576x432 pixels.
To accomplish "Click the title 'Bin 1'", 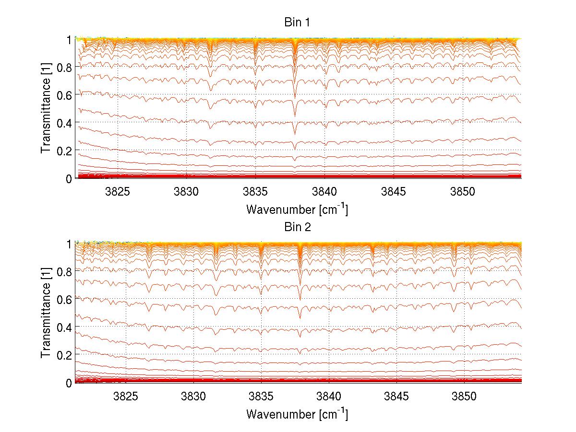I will (x=297, y=23).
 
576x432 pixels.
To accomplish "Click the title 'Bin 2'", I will (x=297, y=227).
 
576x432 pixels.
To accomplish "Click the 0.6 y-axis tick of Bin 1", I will (x=64, y=95).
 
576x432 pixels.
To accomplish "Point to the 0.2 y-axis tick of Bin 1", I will (x=64, y=151).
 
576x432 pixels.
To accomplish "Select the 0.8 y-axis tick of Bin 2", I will (x=64, y=271).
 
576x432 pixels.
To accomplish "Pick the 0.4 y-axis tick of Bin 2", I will (x=64, y=327).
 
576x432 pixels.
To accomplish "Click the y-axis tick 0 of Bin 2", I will (x=69, y=383).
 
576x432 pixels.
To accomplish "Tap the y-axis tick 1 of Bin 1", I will (x=69, y=39).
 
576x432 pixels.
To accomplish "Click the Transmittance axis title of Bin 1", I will (x=46, y=109).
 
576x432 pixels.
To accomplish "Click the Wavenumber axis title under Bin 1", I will (x=297, y=209).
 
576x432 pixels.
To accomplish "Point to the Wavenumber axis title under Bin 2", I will (x=297, y=414).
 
